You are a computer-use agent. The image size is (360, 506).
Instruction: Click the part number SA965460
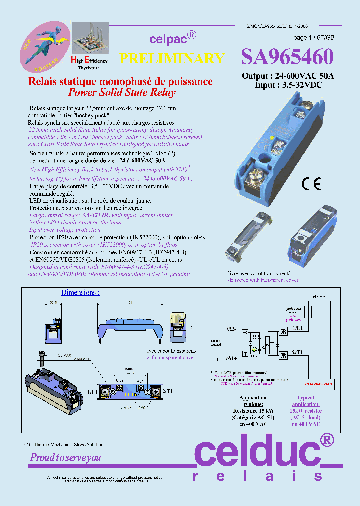click(x=287, y=57)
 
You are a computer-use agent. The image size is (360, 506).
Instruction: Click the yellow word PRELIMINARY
click(x=172, y=58)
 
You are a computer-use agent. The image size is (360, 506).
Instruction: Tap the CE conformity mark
click(x=311, y=184)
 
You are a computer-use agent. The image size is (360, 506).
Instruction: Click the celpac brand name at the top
click(x=168, y=39)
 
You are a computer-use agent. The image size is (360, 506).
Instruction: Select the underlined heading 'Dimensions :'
click(x=80, y=292)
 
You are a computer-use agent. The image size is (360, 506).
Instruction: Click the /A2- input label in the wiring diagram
click(x=231, y=329)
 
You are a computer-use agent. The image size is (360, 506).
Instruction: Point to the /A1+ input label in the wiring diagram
click(x=231, y=358)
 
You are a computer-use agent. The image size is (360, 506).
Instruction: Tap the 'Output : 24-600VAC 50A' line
click(x=287, y=76)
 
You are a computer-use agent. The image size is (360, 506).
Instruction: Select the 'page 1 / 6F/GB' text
click(x=314, y=38)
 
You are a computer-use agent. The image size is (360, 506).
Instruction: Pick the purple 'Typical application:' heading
click(x=305, y=401)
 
